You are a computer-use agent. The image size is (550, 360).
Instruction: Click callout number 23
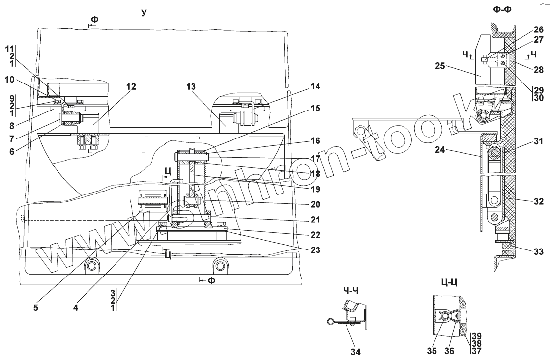click(315, 250)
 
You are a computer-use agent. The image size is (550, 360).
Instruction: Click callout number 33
click(538, 252)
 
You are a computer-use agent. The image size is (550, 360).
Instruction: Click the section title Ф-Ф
click(504, 9)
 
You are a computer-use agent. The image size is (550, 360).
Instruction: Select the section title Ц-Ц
click(450, 283)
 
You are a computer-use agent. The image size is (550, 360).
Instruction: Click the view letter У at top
click(144, 12)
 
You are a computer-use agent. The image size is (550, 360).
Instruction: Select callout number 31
click(538, 143)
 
